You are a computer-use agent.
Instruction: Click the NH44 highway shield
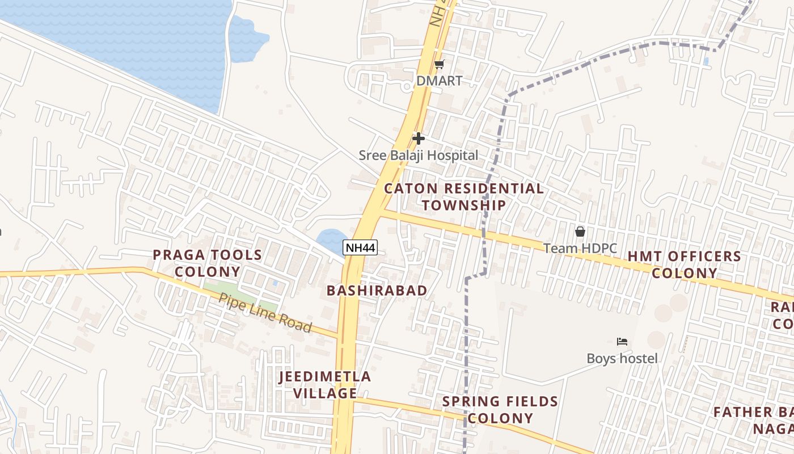click(x=360, y=247)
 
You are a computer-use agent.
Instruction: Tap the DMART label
click(x=440, y=81)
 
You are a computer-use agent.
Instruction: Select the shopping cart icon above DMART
click(x=439, y=65)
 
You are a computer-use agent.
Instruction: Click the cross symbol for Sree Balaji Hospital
click(x=419, y=138)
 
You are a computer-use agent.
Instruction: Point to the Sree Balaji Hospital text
click(x=419, y=155)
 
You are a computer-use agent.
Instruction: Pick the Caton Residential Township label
click(x=464, y=196)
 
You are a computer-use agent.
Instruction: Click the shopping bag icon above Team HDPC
click(x=580, y=232)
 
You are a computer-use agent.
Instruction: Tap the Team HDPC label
click(x=580, y=249)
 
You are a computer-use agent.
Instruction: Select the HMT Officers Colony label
click(x=684, y=265)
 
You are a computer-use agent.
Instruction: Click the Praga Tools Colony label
click(x=208, y=263)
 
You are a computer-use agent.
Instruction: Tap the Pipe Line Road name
click(x=265, y=313)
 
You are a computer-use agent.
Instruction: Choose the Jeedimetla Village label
click(x=325, y=385)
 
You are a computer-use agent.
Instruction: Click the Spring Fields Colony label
click(x=501, y=410)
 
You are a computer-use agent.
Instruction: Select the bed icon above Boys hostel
click(x=622, y=342)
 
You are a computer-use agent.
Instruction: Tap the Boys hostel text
click(x=622, y=359)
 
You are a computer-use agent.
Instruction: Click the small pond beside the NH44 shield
click(x=331, y=239)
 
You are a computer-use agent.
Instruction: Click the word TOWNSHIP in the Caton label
click(x=464, y=205)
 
